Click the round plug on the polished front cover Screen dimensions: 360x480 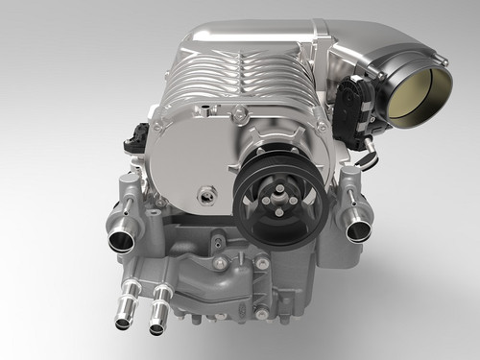point(205,195)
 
